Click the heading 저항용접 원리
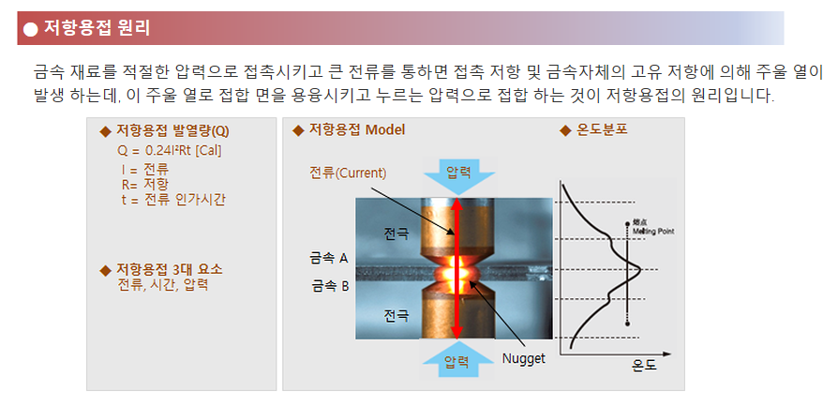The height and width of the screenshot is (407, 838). point(97,28)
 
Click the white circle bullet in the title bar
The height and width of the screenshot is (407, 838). point(31,29)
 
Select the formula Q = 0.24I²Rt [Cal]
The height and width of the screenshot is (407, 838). point(170,151)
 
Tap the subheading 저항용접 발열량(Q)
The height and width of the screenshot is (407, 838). point(172,131)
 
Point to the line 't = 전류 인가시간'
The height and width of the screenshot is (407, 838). point(173,200)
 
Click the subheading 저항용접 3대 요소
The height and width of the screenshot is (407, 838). point(170,269)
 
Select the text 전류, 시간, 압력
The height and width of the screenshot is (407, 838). point(162,284)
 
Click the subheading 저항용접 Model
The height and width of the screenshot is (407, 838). point(357,130)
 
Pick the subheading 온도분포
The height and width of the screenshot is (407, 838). point(602,130)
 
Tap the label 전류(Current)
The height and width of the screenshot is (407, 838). point(348,173)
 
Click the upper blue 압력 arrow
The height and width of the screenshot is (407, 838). point(458,175)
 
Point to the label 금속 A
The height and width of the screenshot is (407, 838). point(329,258)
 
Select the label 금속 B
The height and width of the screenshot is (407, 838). point(330,286)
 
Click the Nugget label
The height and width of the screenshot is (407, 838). point(523,358)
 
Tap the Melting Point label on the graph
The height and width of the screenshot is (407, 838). point(653,228)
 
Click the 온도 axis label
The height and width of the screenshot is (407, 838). point(644,366)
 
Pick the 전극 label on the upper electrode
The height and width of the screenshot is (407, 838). point(396,234)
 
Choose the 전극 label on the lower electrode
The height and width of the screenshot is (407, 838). point(396,315)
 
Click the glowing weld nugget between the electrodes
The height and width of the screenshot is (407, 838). point(456,272)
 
